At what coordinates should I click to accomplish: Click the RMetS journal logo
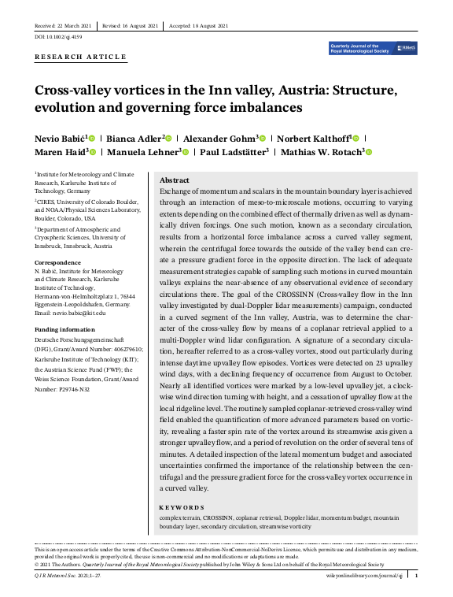[374, 49]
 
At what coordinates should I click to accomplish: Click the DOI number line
[57, 37]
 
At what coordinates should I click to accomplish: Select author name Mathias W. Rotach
[316, 152]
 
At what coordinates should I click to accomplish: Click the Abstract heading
[174, 180]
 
